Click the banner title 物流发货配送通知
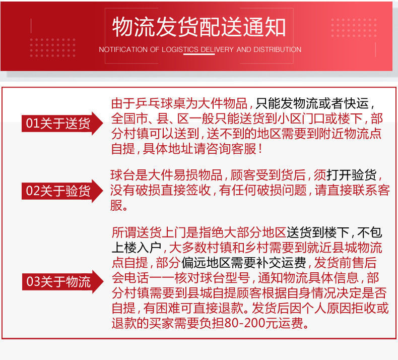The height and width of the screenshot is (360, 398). [199, 27]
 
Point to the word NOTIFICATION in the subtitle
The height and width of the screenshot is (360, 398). [123, 49]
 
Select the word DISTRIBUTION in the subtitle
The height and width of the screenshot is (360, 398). [278, 49]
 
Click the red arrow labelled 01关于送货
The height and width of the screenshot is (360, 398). [62, 124]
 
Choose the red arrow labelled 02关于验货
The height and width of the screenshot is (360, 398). [62, 191]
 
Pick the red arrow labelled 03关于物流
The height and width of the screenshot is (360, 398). [62, 282]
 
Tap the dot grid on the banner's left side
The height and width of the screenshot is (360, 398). [52, 48]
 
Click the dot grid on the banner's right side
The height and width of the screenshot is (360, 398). [354, 27]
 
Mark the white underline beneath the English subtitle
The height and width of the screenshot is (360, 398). [199, 54]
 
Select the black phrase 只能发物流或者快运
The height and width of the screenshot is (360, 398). [312, 103]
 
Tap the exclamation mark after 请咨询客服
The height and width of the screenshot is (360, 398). [260, 149]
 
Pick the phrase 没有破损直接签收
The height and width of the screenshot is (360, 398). [160, 190]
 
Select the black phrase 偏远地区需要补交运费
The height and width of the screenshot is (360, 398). [244, 263]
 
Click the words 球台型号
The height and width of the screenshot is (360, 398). [225, 278]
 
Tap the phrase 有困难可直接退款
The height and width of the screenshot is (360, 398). [193, 308]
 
